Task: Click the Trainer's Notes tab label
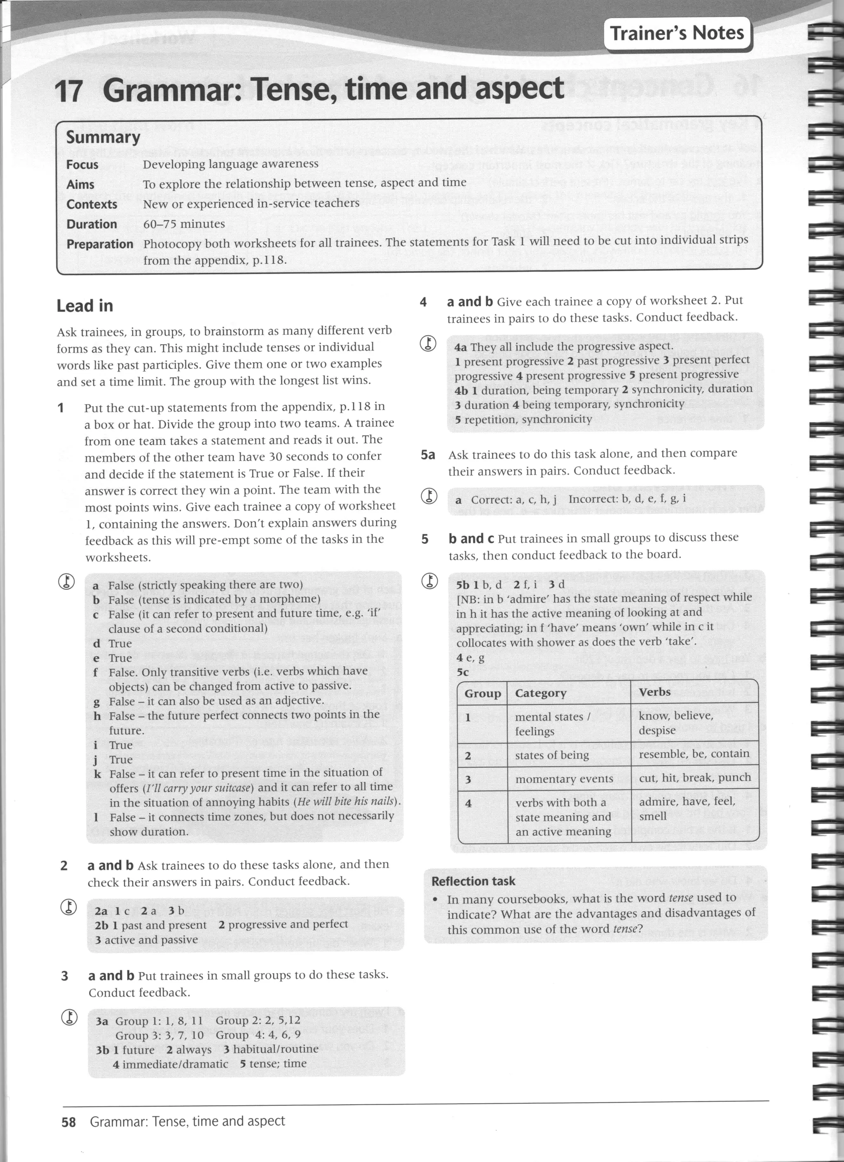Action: pos(677,33)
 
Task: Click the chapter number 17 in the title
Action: pos(69,91)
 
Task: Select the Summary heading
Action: pos(103,137)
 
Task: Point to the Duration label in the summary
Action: pos(91,224)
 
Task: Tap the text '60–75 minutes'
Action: pos(184,224)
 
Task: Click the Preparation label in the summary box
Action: pos(100,244)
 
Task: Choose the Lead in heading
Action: pos(84,306)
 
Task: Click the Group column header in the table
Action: pos(483,693)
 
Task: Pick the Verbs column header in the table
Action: pos(654,692)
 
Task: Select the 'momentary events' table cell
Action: pos(564,779)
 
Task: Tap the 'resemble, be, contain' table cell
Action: pos(694,754)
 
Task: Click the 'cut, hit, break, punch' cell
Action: pos(695,778)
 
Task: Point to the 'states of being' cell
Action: pos(552,755)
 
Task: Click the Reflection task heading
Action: pos(473,881)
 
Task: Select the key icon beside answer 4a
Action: pos(428,343)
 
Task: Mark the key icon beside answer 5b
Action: pos(429,581)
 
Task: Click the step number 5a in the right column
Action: pos(428,454)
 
